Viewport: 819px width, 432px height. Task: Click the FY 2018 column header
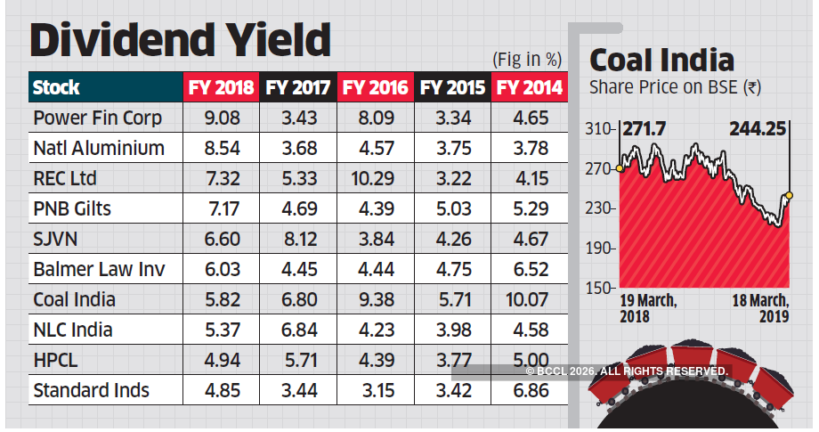tap(221, 87)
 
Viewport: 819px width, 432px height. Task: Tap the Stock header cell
tap(56, 87)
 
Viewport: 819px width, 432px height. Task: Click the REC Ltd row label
tap(64, 178)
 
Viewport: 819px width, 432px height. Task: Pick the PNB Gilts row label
tap(71, 208)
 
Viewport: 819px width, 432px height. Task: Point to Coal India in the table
tap(74, 299)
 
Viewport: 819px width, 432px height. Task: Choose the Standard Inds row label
tap(91, 390)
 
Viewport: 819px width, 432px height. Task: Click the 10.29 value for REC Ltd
tap(375, 178)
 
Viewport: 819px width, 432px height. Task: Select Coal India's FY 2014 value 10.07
tap(529, 299)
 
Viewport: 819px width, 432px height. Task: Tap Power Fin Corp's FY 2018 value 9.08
tap(221, 118)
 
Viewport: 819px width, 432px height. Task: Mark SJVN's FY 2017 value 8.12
tap(298, 239)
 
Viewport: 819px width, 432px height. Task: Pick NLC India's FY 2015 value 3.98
tap(452, 330)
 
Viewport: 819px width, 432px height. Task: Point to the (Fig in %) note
tap(527, 60)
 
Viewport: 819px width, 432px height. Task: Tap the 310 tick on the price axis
tap(598, 129)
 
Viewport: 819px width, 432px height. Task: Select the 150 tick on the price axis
tap(598, 288)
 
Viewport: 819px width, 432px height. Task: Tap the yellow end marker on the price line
tap(790, 194)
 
